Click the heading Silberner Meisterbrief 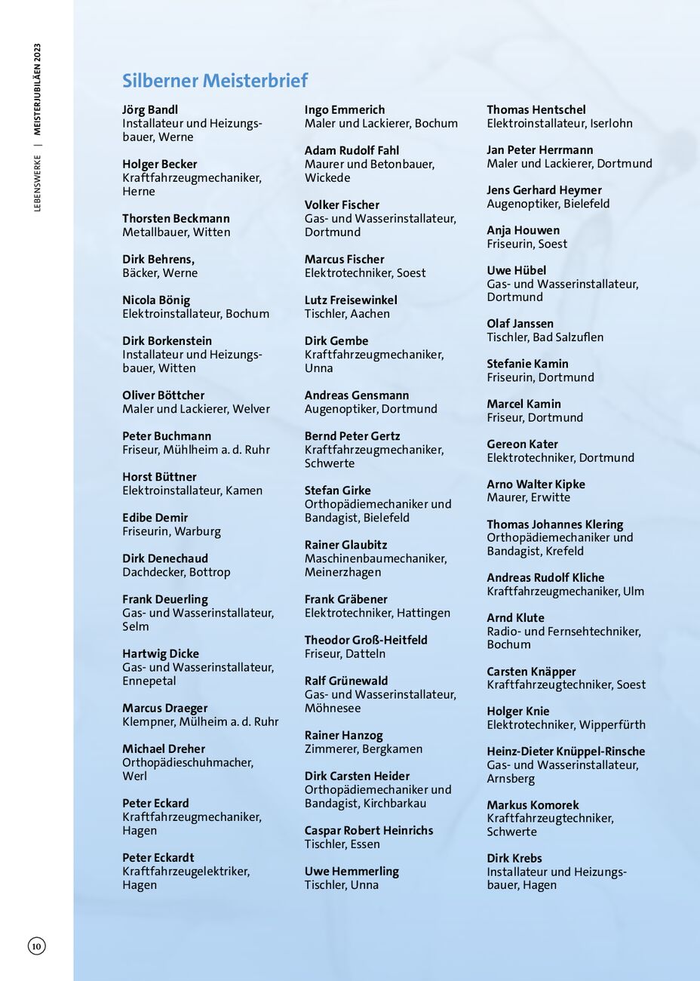pyautogui.click(x=215, y=81)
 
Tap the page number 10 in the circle pyautogui.click(x=37, y=946)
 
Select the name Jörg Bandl pyautogui.click(x=150, y=109)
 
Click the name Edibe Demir pyautogui.click(x=155, y=518)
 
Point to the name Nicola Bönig pyautogui.click(x=156, y=300)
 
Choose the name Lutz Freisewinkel pyautogui.click(x=351, y=300)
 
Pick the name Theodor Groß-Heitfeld pyautogui.click(x=366, y=640)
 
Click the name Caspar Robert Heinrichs pyautogui.click(x=369, y=830)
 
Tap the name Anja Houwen pyautogui.click(x=523, y=230)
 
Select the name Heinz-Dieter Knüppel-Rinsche pyautogui.click(x=566, y=752)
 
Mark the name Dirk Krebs pyautogui.click(x=514, y=858)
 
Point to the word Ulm pyautogui.click(x=634, y=592)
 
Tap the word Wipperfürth pyautogui.click(x=608, y=725)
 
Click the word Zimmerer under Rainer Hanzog pyautogui.click(x=330, y=749)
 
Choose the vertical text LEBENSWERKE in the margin pyautogui.click(x=37, y=183)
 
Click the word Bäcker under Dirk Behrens pyautogui.click(x=140, y=273)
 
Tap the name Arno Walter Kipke pyautogui.click(x=536, y=484)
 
